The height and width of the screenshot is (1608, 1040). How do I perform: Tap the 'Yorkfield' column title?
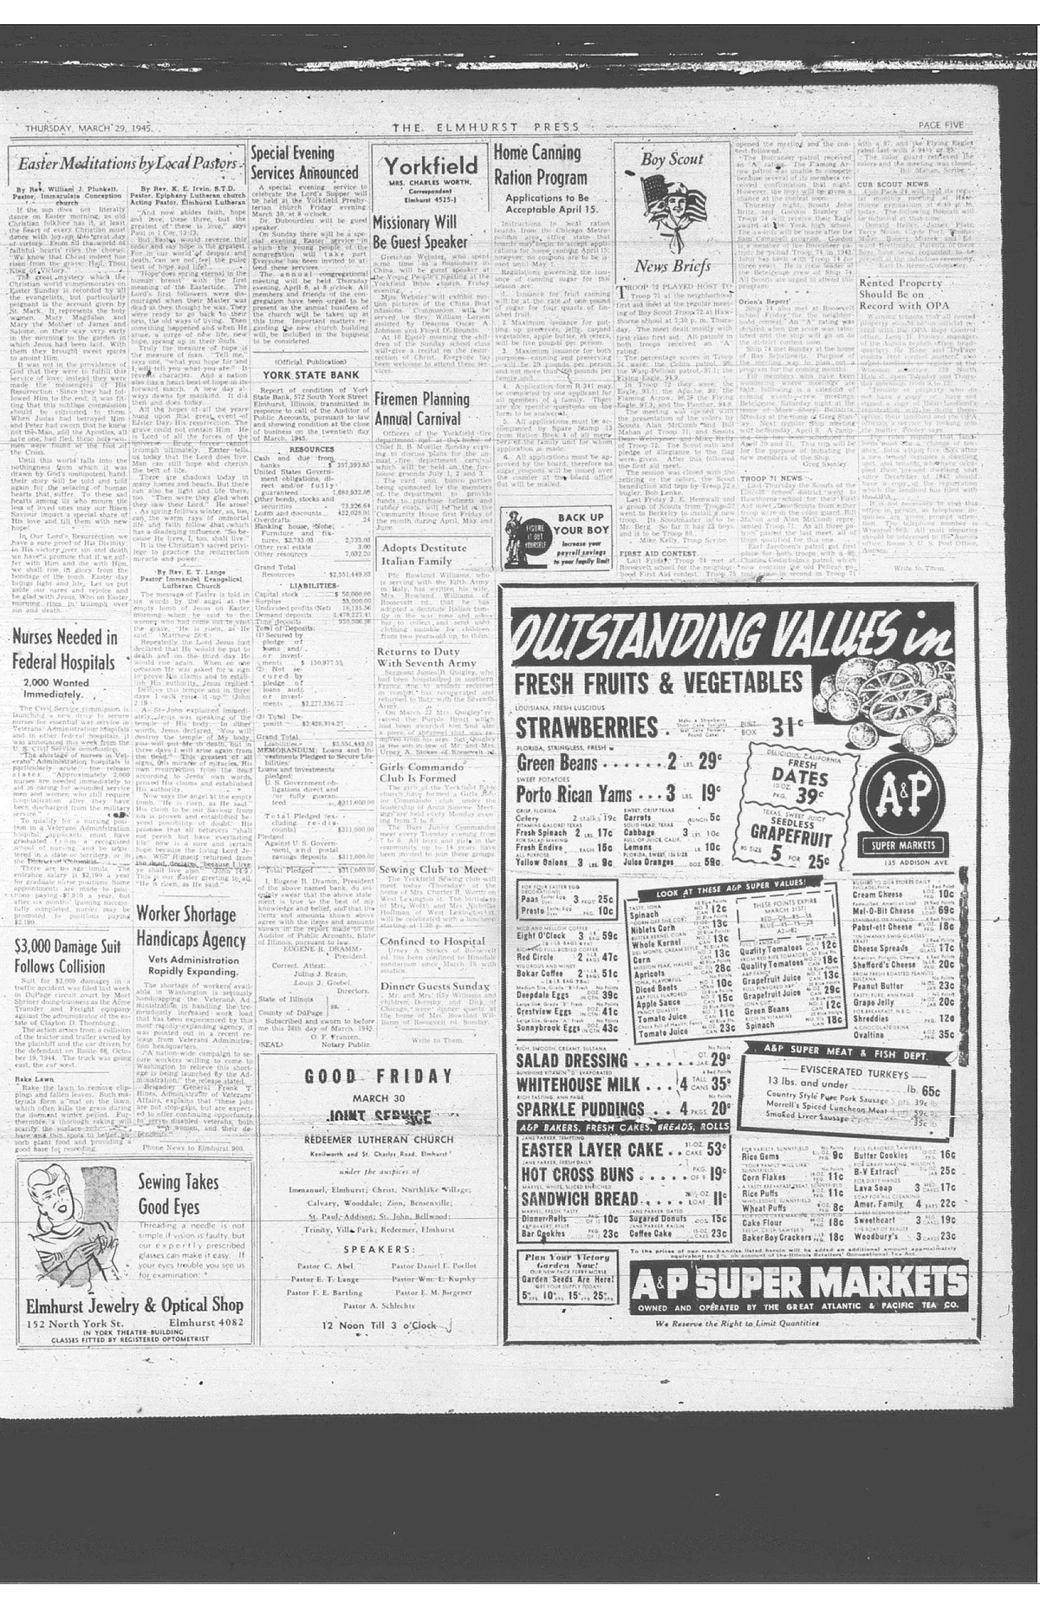click(x=431, y=166)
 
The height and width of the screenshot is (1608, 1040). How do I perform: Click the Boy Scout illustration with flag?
click(x=671, y=206)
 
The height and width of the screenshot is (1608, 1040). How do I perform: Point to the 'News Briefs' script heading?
click(x=672, y=265)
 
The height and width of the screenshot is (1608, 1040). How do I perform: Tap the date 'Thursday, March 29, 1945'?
click(x=88, y=128)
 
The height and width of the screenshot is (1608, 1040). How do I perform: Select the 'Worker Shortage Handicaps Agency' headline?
click(x=191, y=927)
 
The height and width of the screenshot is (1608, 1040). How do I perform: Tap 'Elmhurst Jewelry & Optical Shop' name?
click(x=134, y=1305)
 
